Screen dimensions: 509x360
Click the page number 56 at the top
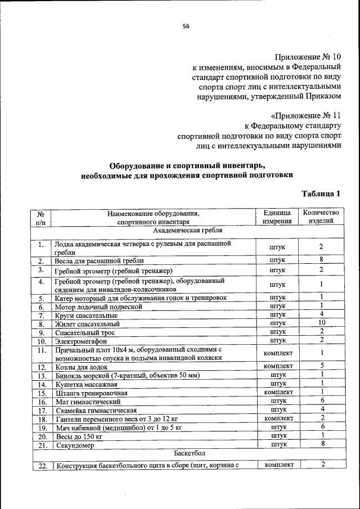186,26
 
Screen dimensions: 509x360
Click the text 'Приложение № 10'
308,57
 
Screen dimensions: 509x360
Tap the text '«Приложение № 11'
306,114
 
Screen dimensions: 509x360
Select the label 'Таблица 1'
321,194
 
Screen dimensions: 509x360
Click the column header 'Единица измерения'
277,217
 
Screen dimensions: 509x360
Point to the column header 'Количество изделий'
321,217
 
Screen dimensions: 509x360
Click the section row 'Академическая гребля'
187,231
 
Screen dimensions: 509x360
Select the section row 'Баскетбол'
187,452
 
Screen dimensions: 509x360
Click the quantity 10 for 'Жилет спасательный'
321,323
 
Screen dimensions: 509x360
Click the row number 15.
41,393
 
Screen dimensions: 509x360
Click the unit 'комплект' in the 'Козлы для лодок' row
277,366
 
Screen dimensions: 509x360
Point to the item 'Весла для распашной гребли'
99,261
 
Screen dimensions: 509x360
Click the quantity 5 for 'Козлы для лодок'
321,366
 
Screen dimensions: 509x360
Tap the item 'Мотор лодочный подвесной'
98,307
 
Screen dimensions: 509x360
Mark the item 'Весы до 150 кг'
79,436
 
